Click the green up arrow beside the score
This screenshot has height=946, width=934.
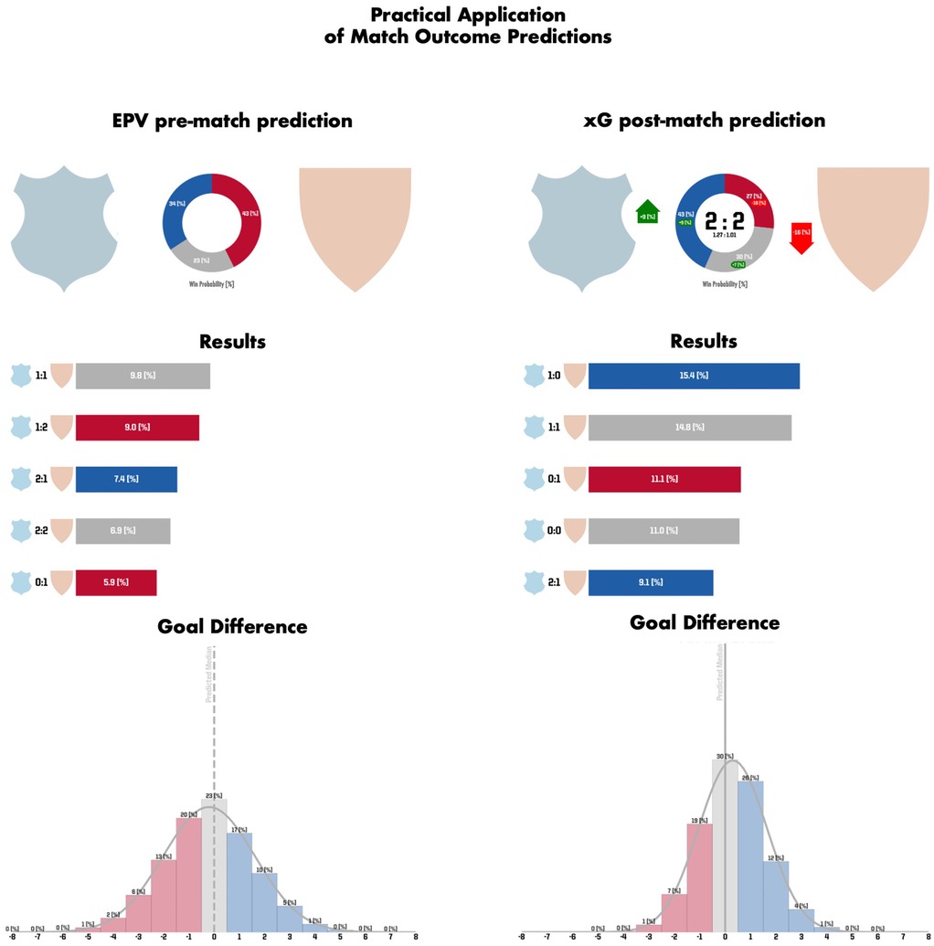coord(647,212)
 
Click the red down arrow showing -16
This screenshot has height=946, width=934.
coord(801,236)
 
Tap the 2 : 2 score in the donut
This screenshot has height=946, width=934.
coord(724,219)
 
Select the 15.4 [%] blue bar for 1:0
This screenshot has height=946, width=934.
coord(694,376)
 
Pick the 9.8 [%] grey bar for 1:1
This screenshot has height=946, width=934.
coord(143,376)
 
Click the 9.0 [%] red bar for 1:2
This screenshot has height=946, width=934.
coord(137,427)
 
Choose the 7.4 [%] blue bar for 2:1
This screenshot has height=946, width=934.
coord(126,479)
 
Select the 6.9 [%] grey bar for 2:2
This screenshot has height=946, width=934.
coord(122,530)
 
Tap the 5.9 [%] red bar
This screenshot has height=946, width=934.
coord(116,581)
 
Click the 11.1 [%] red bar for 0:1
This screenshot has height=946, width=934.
coord(664,479)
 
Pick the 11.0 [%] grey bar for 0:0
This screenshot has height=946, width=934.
coord(663,530)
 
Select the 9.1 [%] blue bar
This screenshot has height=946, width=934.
coord(651,581)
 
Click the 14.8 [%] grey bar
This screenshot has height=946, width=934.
coord(690,427)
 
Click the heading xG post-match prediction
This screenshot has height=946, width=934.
coord(704,121)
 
